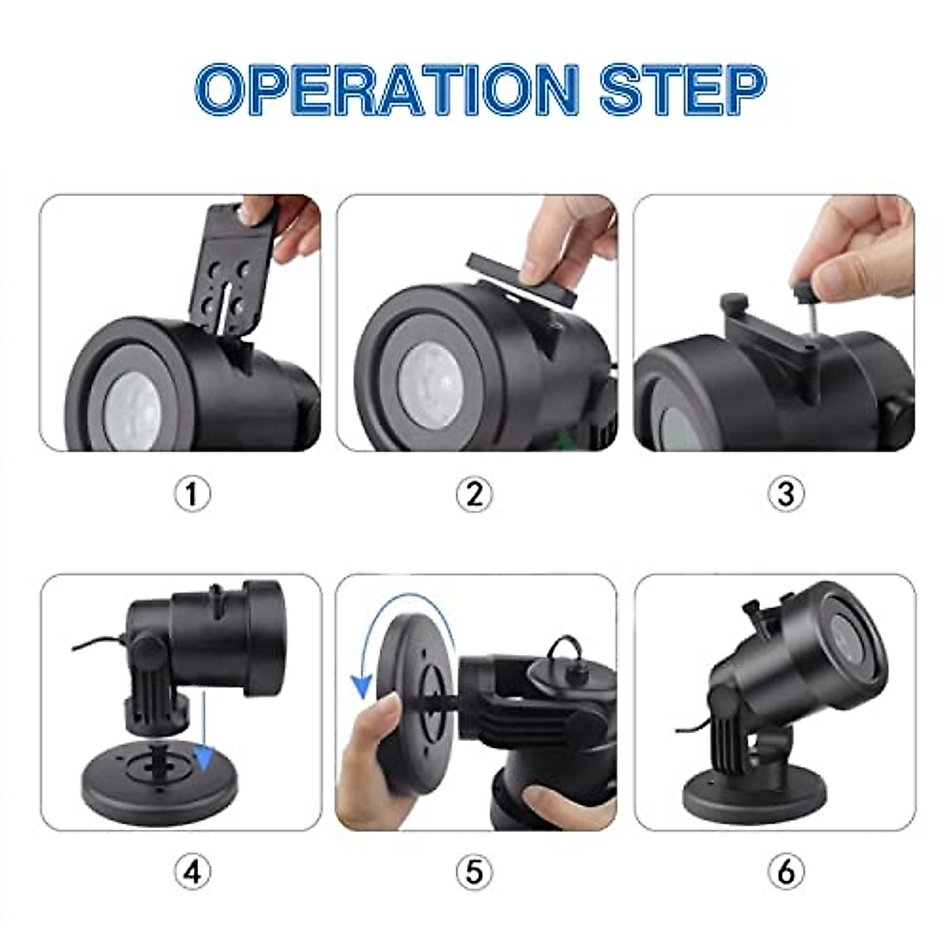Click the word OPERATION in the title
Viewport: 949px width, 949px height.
point(387,89)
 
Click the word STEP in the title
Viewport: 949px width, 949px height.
point(683,89)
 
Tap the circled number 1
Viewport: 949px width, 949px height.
point(192,494)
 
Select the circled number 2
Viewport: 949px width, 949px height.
point(474,494)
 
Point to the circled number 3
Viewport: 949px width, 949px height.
point(786,494)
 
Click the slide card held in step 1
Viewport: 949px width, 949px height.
point(230,268)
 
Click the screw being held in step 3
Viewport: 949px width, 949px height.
point(806,304)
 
